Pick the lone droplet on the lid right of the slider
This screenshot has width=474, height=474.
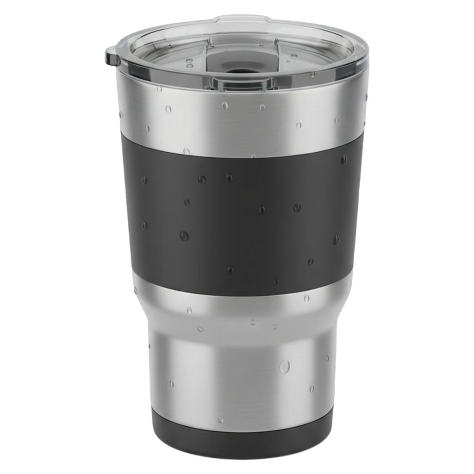293,56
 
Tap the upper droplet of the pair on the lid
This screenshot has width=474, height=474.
188,61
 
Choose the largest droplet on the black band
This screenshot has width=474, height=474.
184,236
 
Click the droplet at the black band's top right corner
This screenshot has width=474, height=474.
343,160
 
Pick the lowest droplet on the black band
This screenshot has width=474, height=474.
276,281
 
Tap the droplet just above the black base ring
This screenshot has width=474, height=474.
221,419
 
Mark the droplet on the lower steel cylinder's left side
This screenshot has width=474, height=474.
172,384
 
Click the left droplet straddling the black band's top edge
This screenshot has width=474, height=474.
187,151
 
